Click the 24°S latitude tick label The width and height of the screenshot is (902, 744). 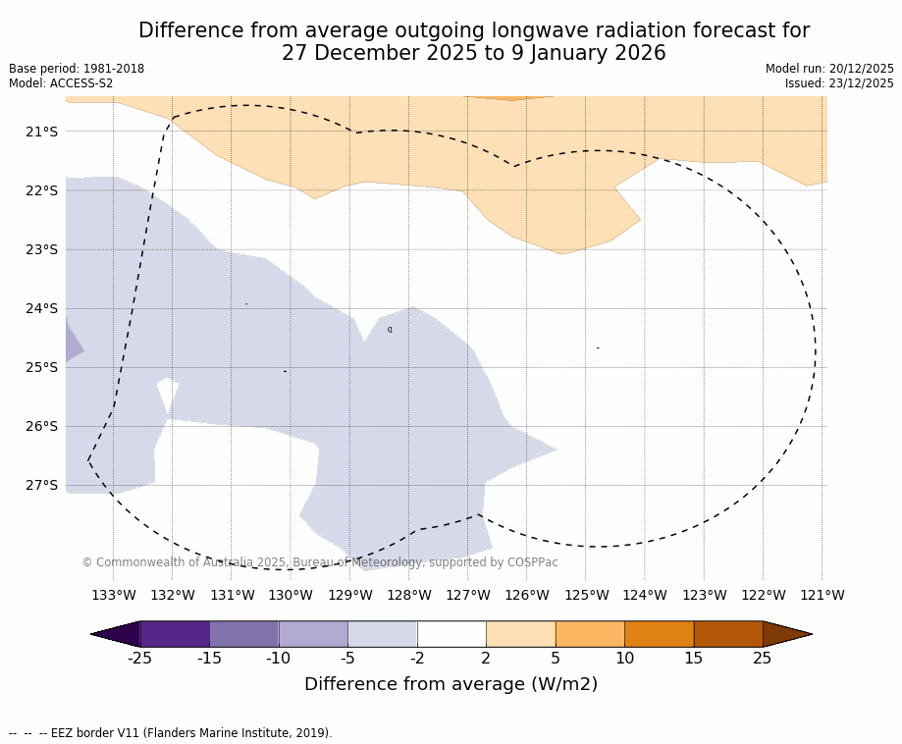pos(41,308)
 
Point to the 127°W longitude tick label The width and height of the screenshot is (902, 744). pos(467,595)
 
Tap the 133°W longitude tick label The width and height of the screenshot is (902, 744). pos(113,595)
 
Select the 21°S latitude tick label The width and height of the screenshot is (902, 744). pos(41,132)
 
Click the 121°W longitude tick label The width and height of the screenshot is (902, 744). pos(822,595)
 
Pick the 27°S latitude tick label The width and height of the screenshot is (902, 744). pos(41,485)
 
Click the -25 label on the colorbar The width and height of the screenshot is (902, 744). pos(140,658)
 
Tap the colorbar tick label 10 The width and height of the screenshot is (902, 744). pos(624,658)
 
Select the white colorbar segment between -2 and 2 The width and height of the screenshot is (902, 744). pos(451,634)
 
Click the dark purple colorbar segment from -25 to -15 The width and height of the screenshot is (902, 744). pos(175,634)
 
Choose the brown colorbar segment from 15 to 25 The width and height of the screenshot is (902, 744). pos(728,634)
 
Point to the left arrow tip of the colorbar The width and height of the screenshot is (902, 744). pos(93,634)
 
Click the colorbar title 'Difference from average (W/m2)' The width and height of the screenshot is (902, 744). pos(451,684)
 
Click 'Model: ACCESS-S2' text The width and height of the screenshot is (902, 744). pos(61,83)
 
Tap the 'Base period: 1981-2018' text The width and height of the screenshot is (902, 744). pos(77,69)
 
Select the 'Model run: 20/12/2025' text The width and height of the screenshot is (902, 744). pos(829,69)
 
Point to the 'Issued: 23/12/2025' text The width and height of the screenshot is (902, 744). pos(839,83)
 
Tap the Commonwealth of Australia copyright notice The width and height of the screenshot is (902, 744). pos(320,562)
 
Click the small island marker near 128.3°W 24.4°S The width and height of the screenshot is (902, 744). pos(390,330)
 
